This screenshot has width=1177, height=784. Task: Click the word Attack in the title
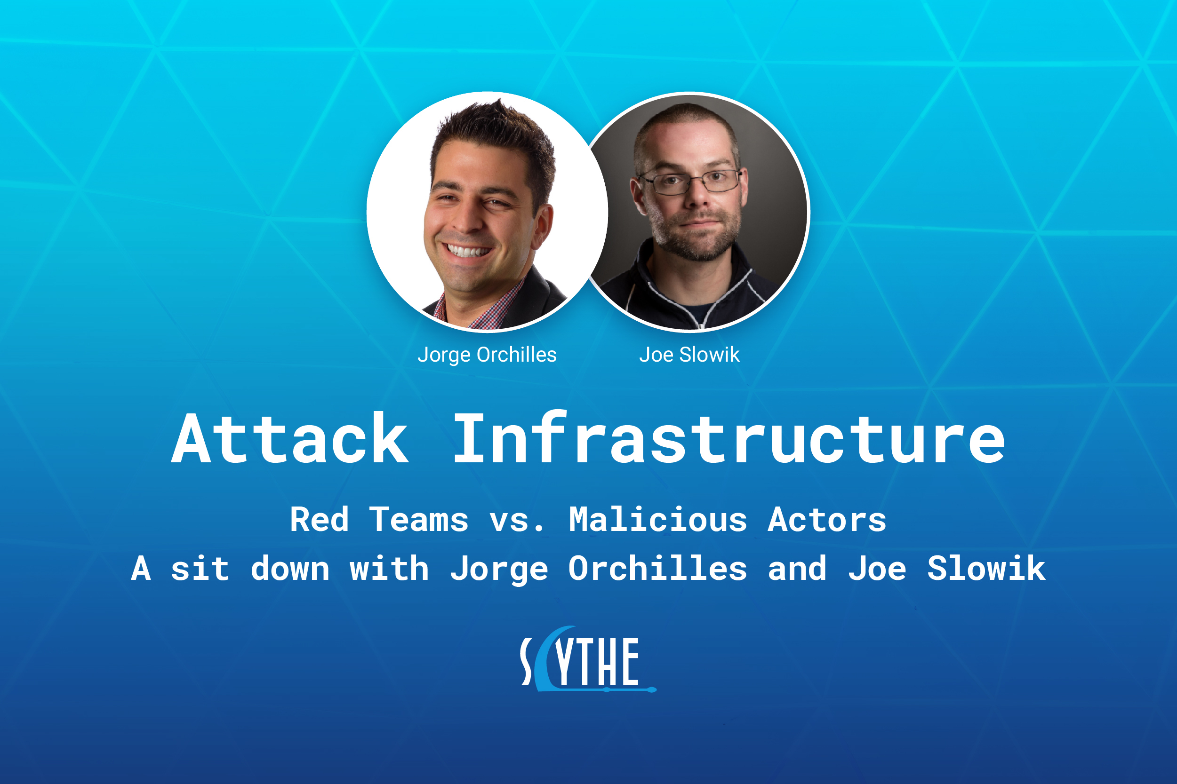[x=290, y=438]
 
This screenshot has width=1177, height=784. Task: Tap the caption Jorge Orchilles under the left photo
[x=487, y=355]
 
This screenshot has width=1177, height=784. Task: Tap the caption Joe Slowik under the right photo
[x=689, y=355]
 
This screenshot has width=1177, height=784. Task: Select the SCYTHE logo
[x=588, y=659]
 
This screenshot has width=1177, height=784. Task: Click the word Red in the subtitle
[x=319, y=520]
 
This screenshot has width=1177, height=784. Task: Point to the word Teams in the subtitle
[x=419, y=520]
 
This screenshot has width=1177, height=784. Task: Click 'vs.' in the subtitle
[x=517, y=523]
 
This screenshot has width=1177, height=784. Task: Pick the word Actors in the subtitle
[x=827, y=520]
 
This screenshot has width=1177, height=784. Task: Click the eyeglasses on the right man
[x=691, y=181]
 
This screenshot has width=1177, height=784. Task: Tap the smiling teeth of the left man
[x=468, y=250]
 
